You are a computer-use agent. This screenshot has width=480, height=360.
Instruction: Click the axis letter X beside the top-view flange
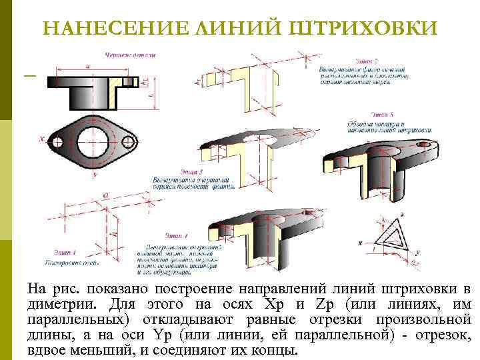coord(42,139)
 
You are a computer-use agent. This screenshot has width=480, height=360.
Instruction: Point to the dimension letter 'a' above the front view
coord(89,66)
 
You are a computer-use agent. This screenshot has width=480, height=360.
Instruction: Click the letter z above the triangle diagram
coord(401,214)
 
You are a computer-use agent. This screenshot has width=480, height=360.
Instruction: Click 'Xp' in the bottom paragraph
coord(274,304)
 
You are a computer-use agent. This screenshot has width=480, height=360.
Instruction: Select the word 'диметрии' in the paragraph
coord(55,304)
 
